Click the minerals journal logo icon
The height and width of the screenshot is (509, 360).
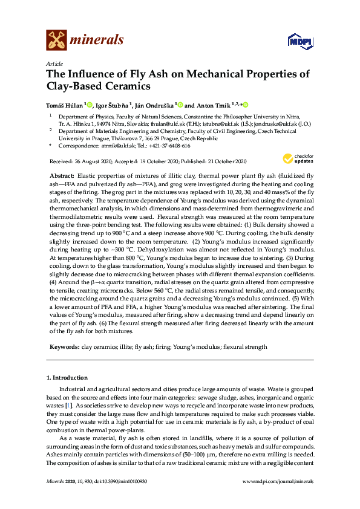tap(56, 40)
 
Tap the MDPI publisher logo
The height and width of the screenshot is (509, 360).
tap(303, 41)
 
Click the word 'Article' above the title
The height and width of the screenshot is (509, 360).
tap(54, 63)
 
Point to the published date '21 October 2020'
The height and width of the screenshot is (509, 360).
tap(224, 161)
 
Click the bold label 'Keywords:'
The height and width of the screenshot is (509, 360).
tap(64, 347)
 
